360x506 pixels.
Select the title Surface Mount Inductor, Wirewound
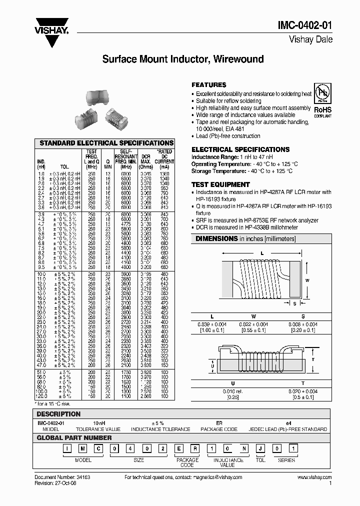[x=183, y=59]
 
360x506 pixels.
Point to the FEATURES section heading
[x=209, y=85]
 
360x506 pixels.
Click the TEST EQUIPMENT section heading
[x=220, y=184]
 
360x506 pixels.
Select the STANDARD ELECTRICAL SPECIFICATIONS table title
[x=106, y=143]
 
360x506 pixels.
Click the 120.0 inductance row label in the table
[x=41, y=396]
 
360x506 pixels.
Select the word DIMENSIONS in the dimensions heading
[x=216, y=238]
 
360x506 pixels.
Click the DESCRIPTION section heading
[x=59, y=414]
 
